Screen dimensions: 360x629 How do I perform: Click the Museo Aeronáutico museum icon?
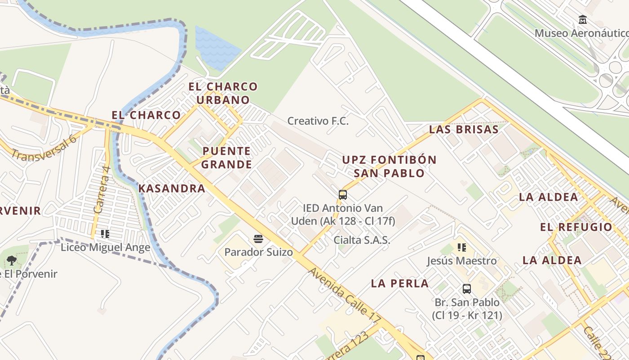(583, 19)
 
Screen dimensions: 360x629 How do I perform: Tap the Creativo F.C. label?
(318, 121)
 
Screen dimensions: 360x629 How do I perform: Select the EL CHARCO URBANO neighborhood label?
(223, 93)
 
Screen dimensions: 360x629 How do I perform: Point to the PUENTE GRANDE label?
(226, 157)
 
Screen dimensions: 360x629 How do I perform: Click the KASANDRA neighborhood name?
(172, 189)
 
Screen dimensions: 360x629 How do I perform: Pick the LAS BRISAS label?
(464, 130)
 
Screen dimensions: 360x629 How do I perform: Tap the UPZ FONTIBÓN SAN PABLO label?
(389, 166)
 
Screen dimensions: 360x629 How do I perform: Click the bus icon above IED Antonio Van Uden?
(343, 195)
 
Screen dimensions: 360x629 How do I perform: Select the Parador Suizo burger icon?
(258, 238)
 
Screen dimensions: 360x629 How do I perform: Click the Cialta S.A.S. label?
(362, 240)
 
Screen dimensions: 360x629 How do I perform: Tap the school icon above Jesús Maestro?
(461, 247)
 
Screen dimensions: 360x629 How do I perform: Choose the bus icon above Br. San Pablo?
(467, 289)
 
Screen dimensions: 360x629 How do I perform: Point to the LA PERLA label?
(399, 283)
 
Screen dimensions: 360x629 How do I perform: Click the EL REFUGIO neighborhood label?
(576, 227)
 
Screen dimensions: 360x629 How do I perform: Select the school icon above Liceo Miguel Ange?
(105, 234)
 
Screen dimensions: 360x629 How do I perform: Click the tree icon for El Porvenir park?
(12, 260)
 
